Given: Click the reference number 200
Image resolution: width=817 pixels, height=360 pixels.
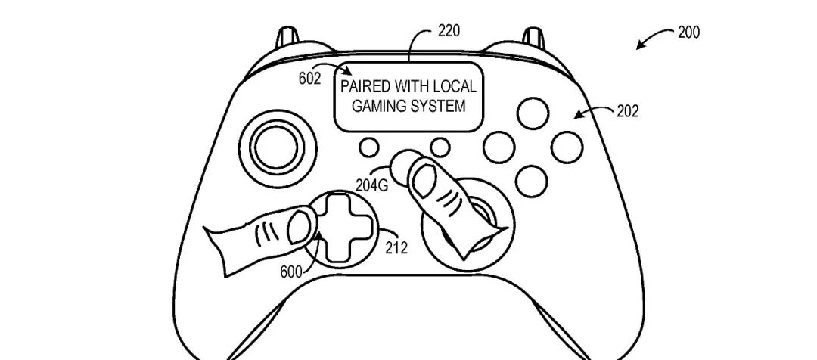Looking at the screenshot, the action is click(688, 33).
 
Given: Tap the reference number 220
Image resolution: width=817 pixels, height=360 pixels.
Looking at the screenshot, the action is click(448, 32).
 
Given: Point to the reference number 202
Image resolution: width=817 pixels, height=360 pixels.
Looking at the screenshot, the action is click(626, 112).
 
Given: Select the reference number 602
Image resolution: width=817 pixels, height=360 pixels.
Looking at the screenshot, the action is click(310, 77).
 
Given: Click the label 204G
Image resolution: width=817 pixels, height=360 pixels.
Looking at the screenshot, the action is click(371, 184).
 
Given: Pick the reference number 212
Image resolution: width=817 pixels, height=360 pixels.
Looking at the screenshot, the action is click(396, 247).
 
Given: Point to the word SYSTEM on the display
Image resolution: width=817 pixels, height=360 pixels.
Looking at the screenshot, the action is click(439, 106).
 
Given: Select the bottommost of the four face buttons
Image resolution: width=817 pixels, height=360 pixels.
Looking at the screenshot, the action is click(533, 178).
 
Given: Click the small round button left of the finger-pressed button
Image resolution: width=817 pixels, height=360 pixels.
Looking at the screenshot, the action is click(370, 145).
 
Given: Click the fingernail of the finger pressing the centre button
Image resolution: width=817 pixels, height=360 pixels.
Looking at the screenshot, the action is click(423, 180).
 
